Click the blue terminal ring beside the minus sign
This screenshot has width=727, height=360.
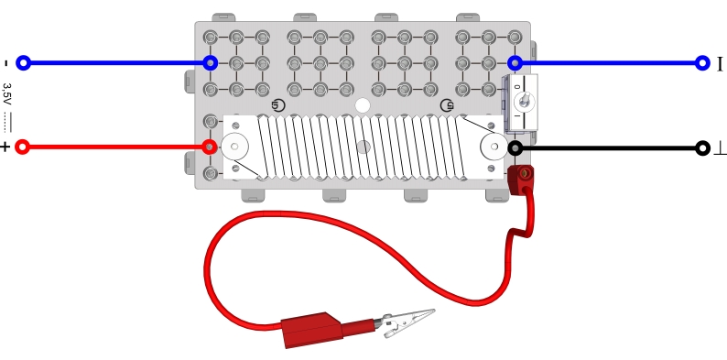point(23,62)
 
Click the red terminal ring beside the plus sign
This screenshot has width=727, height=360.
point(22,147)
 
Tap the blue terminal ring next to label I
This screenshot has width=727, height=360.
point(703,62)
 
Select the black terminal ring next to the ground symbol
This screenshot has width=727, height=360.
point(703,148)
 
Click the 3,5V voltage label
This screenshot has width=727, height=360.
point(7,94)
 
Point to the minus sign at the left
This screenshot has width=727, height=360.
point(5,63)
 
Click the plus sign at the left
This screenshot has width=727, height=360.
point(5,147)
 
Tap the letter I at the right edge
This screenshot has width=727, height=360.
point(720,63)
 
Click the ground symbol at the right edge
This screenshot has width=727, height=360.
point(720,149)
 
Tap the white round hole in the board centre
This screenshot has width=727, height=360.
point(363,105)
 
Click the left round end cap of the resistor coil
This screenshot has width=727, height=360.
point(234,147)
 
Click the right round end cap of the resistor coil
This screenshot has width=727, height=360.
point(494,147)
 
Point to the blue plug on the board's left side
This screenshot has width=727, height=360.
point(210,62)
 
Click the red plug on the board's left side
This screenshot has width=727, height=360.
point(210,147)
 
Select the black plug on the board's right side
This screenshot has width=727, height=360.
point(515,148)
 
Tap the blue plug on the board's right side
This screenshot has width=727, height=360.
point(515,62)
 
